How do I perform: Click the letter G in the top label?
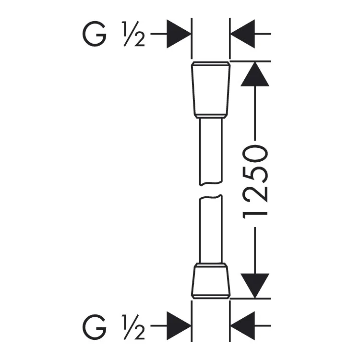click(95, 34)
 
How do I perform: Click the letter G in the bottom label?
click(95, 325)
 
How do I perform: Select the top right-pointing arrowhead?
click(179, 34)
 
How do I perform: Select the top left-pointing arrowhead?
click(242, 34)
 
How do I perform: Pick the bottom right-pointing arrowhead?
click(179, 326)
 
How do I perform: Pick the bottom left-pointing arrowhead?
click(242, 326)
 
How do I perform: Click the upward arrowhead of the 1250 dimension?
click(255, 74)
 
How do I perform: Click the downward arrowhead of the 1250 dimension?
click(255, 286)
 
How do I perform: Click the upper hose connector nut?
click(211, 90)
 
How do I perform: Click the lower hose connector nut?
click(211, 281)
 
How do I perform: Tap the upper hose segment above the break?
click(211, 152)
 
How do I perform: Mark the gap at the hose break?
click(211, 190)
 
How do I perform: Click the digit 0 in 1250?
click(255, 154)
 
